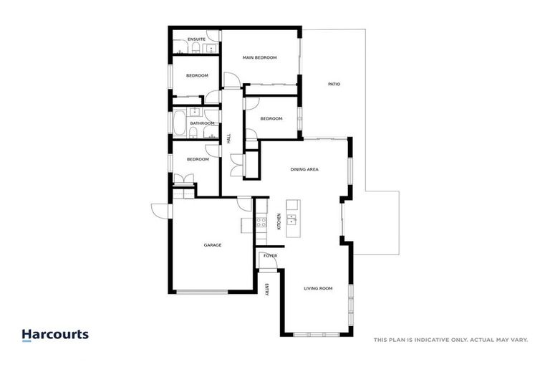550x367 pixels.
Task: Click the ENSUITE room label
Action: pos(196,39)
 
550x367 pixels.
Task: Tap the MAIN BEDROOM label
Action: pos(259,57)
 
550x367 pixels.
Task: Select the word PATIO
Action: pos(334,85)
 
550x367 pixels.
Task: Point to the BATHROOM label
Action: pos(202,123)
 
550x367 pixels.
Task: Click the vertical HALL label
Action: pos(229,139)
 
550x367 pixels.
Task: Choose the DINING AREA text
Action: pos(304,170)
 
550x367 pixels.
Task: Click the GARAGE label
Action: pos(213,245)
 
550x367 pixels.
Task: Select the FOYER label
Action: pos(270,256)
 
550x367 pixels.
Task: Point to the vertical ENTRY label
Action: pos(266,290)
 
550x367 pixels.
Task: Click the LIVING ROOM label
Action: pos(318,288)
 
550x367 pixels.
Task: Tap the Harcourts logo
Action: pos(55,335)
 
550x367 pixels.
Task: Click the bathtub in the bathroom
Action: pos(178,123)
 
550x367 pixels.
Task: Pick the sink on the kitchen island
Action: pos(292,218)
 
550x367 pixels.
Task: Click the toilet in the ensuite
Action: pos(194,48)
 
